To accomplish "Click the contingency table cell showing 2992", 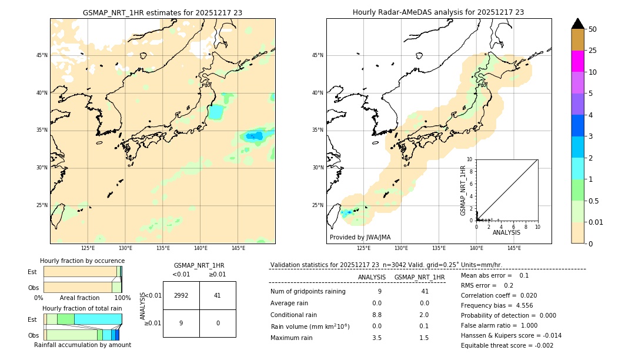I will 181,295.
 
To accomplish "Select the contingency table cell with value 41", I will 218,295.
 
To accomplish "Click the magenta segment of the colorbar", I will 578,61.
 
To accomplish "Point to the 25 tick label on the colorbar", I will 593,51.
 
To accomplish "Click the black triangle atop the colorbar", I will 578,24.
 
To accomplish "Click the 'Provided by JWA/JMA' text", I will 360,237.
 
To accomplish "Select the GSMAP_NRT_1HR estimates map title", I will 162,12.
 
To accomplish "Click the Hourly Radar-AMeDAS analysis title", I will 438,12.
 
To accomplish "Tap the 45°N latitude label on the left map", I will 42,55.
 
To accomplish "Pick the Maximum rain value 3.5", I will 377,338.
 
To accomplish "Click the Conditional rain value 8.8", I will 377,315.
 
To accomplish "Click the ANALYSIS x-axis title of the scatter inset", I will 506,232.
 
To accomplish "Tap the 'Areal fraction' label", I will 79,298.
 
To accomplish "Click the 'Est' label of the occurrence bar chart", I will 32,272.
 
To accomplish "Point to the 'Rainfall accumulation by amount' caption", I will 82,345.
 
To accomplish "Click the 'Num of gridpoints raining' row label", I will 308,292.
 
